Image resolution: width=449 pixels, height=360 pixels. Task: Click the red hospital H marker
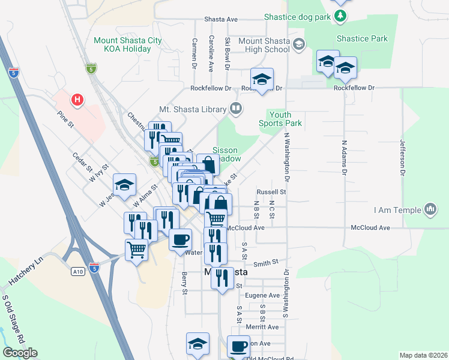tap(77, 99)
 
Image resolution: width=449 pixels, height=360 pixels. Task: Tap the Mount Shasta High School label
tap(264, 46)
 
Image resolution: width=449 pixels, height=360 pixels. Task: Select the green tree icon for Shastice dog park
tap(341, 16)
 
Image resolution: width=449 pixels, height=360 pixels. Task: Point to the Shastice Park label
tap(362, 38)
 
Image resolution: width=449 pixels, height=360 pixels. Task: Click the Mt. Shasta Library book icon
tap(237, 109)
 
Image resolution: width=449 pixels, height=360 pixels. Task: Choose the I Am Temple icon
tap(430, 209)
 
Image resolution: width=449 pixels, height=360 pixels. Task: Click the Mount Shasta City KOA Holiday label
tap(128, 44)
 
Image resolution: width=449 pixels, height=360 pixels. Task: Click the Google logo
tap(20, 353)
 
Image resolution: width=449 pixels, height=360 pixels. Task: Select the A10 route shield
tap(78, 272)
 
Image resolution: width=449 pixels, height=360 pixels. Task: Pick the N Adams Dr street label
tap(345, 158)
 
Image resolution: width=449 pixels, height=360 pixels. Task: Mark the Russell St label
tap(271, 192)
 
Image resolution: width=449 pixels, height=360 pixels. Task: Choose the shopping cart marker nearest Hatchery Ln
tap(137, 248)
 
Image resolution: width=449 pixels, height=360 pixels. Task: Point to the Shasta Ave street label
tap(222, 19)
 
